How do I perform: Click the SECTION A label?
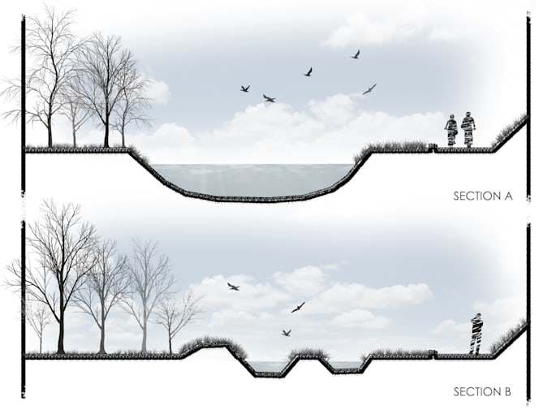[481, 196]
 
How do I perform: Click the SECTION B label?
[481, 392]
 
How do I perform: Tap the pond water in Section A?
[252, 178]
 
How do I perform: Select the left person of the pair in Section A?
[451, 131]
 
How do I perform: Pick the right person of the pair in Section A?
[468, 129]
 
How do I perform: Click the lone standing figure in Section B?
[476, 334]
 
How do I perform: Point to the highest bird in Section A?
[356, 54]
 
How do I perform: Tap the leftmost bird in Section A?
[244, 88]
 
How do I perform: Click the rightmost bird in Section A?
[369, 88]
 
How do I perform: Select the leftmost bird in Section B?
[234, 287]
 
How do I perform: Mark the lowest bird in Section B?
[286, 333]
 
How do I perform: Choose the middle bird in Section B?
[298, 308]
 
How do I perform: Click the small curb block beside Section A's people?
[433, 147]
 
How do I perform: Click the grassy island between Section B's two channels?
[308, 354]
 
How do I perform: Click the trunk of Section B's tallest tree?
[60, 325]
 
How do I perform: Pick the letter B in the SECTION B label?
[507, 392]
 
